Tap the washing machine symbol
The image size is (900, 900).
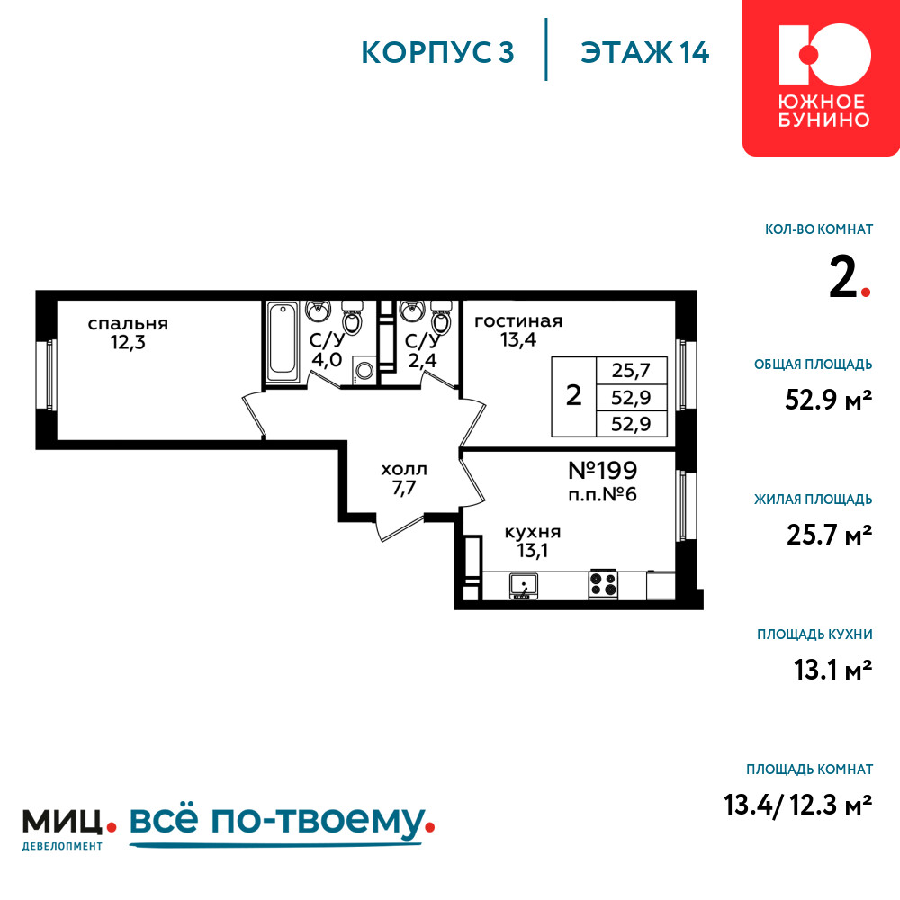coord(364,370)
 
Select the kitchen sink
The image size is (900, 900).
coord(524,587)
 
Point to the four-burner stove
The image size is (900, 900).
coord(603,584)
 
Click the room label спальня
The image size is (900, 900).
coord(128,324)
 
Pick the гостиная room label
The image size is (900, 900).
coord(518,321)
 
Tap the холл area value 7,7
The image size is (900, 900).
coord(404,489)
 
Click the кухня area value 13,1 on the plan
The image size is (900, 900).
coord(533,551)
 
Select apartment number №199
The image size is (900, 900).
coord(603,471)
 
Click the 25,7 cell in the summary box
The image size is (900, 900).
coord(632,370)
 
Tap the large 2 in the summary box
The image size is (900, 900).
coord(574,395)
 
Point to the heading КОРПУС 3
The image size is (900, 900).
coord(437,53)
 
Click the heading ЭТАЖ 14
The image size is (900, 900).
coord(645,53)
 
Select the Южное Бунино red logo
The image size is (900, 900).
coord(821,77)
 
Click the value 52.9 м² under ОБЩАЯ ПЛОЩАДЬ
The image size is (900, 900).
coord(828,400)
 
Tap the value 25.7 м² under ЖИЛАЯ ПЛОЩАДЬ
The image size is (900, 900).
coord(830,535)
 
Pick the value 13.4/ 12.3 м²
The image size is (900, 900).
coord(798,805)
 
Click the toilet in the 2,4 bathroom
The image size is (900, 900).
coord(440,318)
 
